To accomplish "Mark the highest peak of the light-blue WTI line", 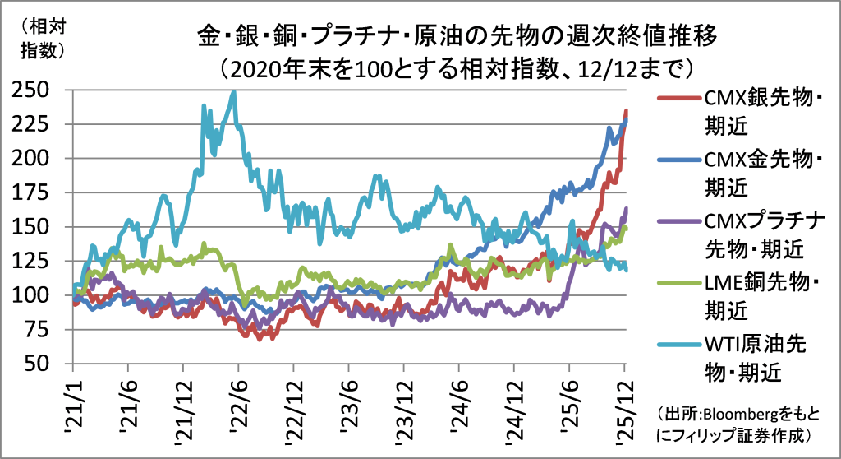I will (x=234, y=93).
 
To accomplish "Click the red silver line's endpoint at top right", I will (x=627, y=111).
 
